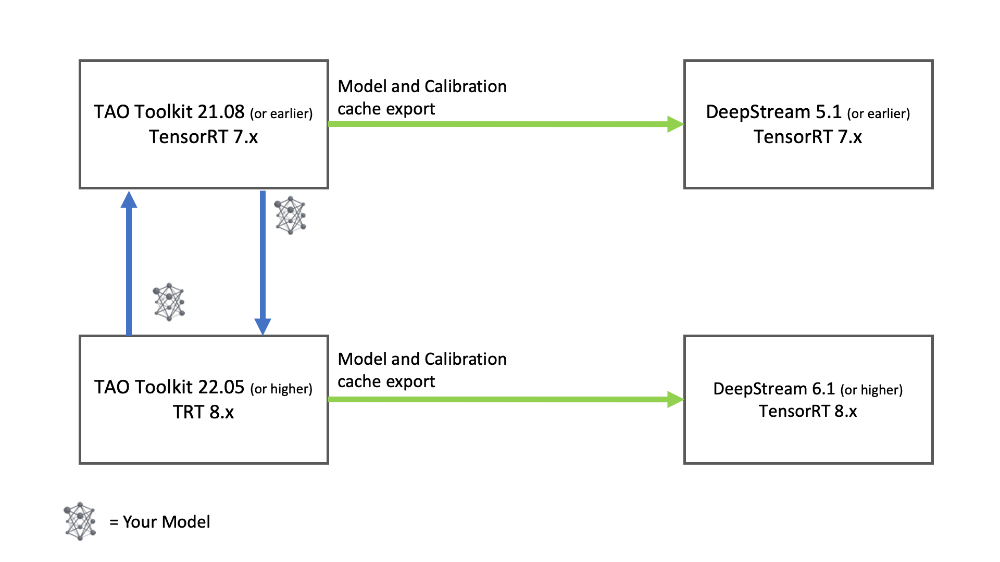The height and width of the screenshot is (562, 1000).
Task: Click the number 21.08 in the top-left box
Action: click(x=221, y=112)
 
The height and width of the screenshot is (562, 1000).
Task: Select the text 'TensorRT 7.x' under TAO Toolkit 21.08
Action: click(x=203, y=137)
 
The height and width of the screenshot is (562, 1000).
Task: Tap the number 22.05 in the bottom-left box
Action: click(x=221, y=387)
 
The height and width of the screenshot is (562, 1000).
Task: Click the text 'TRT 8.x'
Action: click(x=203, y=412)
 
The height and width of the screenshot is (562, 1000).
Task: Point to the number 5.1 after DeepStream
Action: click(x=828, y=112)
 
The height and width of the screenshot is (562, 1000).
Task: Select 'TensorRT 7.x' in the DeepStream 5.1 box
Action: click(x=807, y=137)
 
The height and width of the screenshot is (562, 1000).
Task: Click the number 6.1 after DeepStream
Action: click(x=823, y=389)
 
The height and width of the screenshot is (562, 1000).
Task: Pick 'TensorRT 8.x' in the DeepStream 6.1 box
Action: click(x=807, y=411)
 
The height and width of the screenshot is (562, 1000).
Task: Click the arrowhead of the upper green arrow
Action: click(x=676, y=124)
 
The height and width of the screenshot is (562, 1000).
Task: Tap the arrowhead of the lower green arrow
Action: click(x=676, y=400)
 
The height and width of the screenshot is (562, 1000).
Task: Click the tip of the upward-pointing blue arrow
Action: click(x=129, y=198)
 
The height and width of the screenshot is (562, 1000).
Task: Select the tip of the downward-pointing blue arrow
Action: click(x=262, y=328)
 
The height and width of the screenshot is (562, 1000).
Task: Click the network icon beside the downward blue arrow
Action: click(x=290, y=215)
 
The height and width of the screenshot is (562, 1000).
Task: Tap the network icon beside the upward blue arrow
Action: click(x=169, y=302)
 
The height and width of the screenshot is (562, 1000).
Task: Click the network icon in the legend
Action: click(x=80, y=521)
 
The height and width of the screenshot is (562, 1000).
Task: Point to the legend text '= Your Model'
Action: click(x=160, y=522)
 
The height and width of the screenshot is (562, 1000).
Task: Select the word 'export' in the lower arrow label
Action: click(x=410, y=382)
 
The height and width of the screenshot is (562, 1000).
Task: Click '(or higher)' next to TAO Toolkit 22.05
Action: click(x=281, y=389)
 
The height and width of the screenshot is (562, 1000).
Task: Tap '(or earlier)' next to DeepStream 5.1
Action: click(x=878, y=113)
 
